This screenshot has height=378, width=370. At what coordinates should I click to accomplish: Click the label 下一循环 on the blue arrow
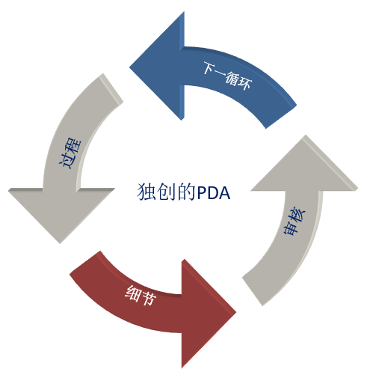(227, 76)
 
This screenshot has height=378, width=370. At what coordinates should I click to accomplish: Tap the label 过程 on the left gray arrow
(70, 153)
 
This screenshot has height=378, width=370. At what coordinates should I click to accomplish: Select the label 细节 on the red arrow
(141, 296)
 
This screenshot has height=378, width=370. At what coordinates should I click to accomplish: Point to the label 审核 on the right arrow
(295, 221)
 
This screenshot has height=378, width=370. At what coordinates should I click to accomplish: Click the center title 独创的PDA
(183, 192)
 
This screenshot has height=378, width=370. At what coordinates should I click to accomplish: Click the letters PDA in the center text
(214, 192)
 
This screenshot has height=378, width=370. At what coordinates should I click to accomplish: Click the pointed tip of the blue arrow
(130, 67)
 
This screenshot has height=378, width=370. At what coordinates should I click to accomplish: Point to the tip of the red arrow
(235, 312)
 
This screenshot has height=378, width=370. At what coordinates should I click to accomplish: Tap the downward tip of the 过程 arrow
(60, 243)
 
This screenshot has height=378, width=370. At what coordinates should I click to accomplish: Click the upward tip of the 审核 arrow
(306, 135)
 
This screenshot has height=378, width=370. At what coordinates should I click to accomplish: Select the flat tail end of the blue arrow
(281, 116)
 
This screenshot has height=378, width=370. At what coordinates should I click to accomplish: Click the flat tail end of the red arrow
(84, 263)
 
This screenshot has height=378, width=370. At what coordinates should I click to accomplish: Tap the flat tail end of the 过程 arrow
(111, 88)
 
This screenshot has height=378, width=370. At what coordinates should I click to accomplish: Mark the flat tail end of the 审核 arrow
(253, 290)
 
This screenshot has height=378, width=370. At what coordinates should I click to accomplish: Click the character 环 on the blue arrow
(245, 83)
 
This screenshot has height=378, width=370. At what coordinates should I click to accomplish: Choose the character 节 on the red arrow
(149, 298)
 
